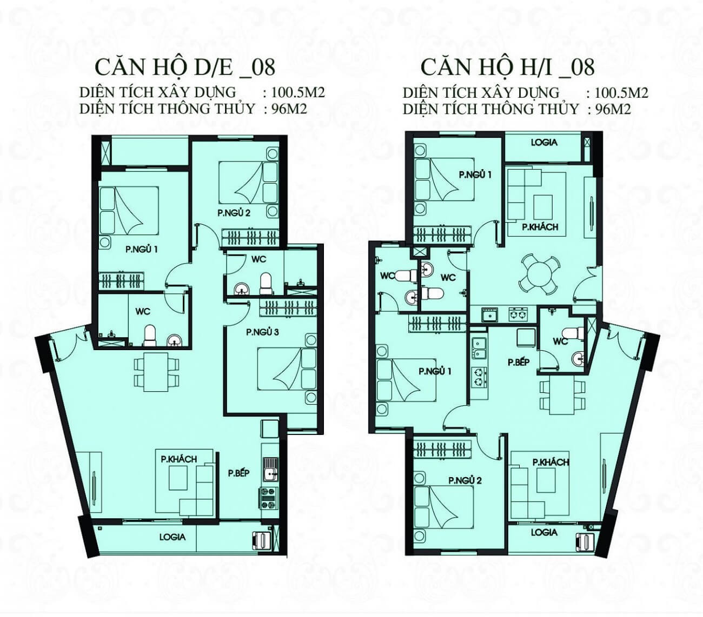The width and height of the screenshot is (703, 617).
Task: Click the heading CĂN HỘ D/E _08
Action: (x=185, y=67)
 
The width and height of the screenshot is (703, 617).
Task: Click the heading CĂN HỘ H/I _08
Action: (x=507, y=67)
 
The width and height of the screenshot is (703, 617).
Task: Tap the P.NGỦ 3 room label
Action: (x=262, y=332)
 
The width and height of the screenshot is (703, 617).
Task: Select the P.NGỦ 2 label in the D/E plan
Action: (x=234, y=213)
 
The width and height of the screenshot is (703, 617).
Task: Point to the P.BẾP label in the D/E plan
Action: (x=238, y=473)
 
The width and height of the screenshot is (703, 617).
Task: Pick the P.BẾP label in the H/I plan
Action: (x=519, y=362)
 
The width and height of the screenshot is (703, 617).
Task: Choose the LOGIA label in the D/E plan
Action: (x=173, y=537)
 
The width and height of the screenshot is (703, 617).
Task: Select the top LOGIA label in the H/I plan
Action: (x=544, y=142)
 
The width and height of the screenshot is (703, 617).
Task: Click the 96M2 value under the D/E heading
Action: (x=289, y=109)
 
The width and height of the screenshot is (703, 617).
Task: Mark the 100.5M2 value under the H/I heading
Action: (x=621, y=92)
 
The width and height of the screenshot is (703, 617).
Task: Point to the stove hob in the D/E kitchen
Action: (x=268, y=498)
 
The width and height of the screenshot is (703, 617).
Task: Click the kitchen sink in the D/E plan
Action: (x=270, y=470)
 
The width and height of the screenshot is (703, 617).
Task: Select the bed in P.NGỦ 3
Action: (x=287, y=374)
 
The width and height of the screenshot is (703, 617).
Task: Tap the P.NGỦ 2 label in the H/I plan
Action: (x=465, y=480)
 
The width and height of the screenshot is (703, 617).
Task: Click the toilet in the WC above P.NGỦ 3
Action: (x=266, y=284)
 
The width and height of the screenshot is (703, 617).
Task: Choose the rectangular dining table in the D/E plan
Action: (x=156, y=372)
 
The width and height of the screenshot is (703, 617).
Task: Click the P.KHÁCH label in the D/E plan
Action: (x=178, y=459)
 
